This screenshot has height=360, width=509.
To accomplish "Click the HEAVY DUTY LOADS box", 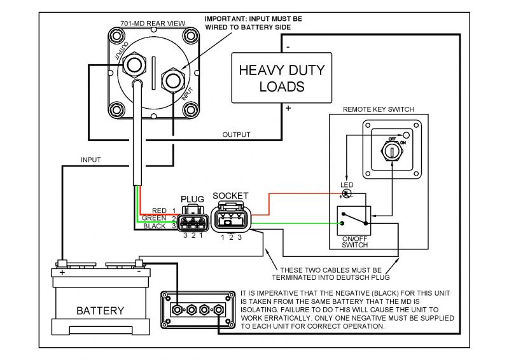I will (281, 78).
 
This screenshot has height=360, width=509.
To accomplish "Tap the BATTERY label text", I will (100, 311).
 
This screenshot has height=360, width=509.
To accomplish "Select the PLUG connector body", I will (191, 221).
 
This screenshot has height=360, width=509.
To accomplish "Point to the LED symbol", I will (347, 193).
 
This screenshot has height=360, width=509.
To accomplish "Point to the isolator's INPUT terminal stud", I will (172, 80).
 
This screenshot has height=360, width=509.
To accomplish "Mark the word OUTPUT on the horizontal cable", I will (235, 134).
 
